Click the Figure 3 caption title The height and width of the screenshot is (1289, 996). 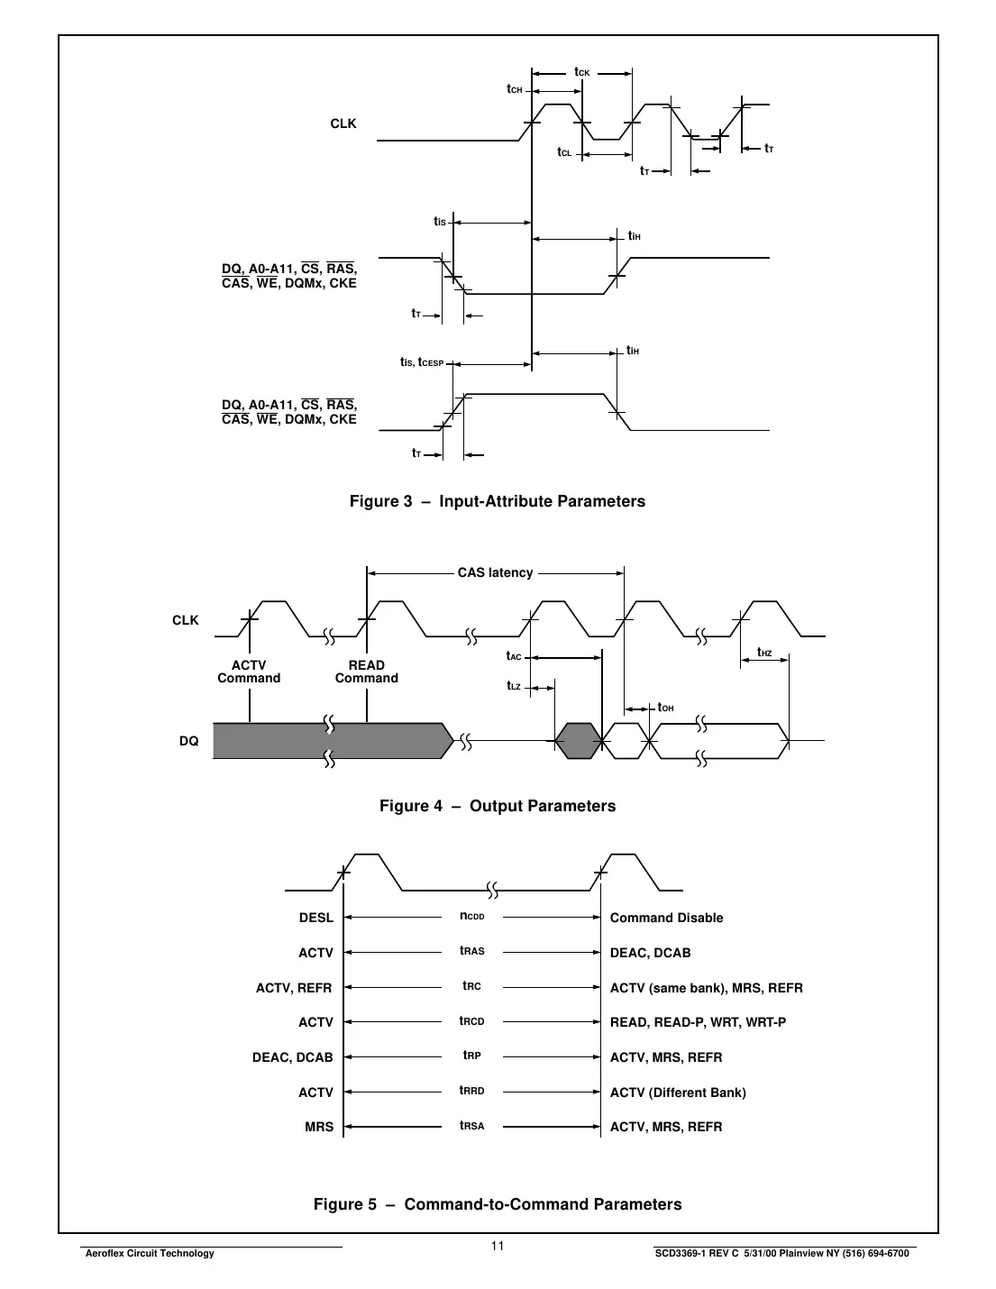(497, 501)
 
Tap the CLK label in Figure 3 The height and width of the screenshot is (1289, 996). (343, 123)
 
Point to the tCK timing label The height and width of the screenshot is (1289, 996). (581, 72)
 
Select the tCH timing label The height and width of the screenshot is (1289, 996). (515, 89)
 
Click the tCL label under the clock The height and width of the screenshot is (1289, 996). (564, 152)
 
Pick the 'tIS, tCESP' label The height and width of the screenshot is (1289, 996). (422, 362)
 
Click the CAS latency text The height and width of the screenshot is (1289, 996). (495, 572)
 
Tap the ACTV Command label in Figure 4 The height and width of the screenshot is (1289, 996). (249, 672)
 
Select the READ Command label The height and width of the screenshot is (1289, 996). (367, 672)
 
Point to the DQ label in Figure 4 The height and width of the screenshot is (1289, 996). (188, 741)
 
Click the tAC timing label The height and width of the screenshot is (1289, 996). (514, 656)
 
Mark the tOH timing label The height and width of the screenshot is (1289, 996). (665, 708)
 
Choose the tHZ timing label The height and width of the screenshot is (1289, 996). (764, 653)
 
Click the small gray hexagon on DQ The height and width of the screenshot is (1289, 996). (577, 741)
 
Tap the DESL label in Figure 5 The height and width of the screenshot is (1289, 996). (316, 918)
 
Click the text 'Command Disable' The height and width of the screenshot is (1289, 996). (666, 918)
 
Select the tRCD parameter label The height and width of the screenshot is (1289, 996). (471, 1021)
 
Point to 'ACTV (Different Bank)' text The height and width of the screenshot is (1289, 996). (678, 1092)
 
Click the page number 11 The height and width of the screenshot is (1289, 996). (498, 1247)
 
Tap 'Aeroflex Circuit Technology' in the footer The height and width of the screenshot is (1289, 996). (149, 1253)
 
